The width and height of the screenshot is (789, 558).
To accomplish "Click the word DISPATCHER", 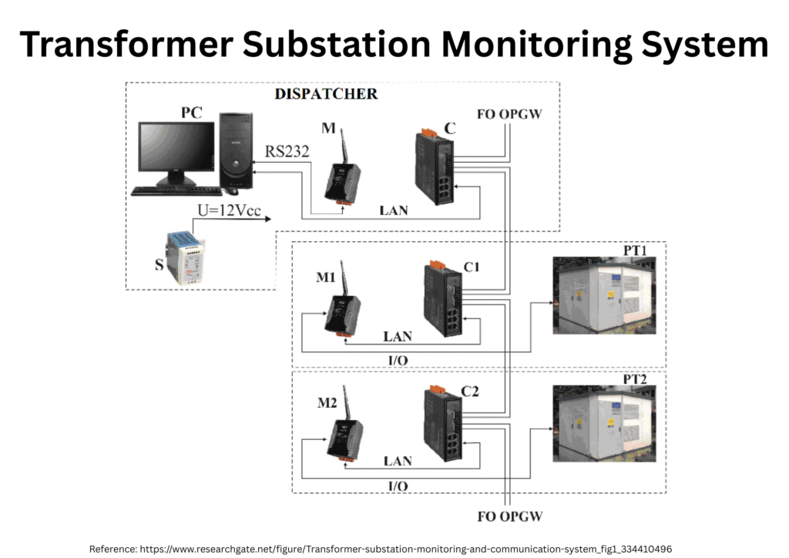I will point(326,94).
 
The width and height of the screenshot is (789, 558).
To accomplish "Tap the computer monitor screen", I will point(176,150).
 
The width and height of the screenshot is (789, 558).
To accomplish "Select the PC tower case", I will point(236,151).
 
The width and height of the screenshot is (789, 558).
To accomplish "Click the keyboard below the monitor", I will point(176,190).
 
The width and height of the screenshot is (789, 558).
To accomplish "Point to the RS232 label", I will point(287,152).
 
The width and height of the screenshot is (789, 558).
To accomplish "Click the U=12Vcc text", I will point(227,210).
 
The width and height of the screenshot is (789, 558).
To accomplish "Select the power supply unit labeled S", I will point(189,257).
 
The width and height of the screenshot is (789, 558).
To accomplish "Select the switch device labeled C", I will point(434,167).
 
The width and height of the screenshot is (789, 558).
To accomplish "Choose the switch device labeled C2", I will point(442,423).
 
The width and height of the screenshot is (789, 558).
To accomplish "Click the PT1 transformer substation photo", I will point(604,295).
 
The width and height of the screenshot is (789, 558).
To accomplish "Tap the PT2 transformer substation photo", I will point(604,423).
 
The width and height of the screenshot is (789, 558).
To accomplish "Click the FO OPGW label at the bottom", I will point(509,516).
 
